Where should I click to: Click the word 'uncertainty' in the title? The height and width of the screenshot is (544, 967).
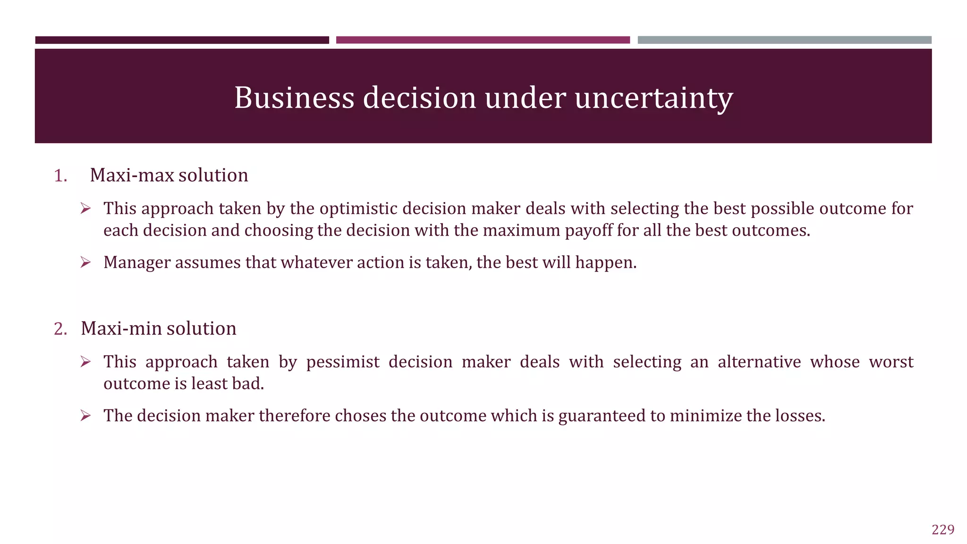[x=653, y=98]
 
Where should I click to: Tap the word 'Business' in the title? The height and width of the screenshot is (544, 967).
[x=294, y=98]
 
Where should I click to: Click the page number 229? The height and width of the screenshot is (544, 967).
[x=943, y=529]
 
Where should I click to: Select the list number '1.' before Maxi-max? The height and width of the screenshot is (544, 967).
[x=60, y=176]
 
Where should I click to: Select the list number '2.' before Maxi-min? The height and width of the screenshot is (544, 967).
[x=60, y=329]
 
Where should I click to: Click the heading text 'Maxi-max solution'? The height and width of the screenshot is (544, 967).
[x=169, y=175]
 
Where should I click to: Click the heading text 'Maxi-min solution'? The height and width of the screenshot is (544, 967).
[x=158, y=329]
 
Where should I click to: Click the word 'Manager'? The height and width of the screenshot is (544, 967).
[x=137, y=263]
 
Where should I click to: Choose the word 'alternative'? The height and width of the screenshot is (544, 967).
[x=759, y=362]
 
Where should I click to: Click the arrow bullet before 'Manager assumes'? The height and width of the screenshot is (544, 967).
[x=85, y=262]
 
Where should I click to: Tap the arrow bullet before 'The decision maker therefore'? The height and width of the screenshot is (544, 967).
[x=85, y=416]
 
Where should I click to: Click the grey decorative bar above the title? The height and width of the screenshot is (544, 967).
[x=784, y=40]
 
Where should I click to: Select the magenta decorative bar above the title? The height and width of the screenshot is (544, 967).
[x=483, y=40]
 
